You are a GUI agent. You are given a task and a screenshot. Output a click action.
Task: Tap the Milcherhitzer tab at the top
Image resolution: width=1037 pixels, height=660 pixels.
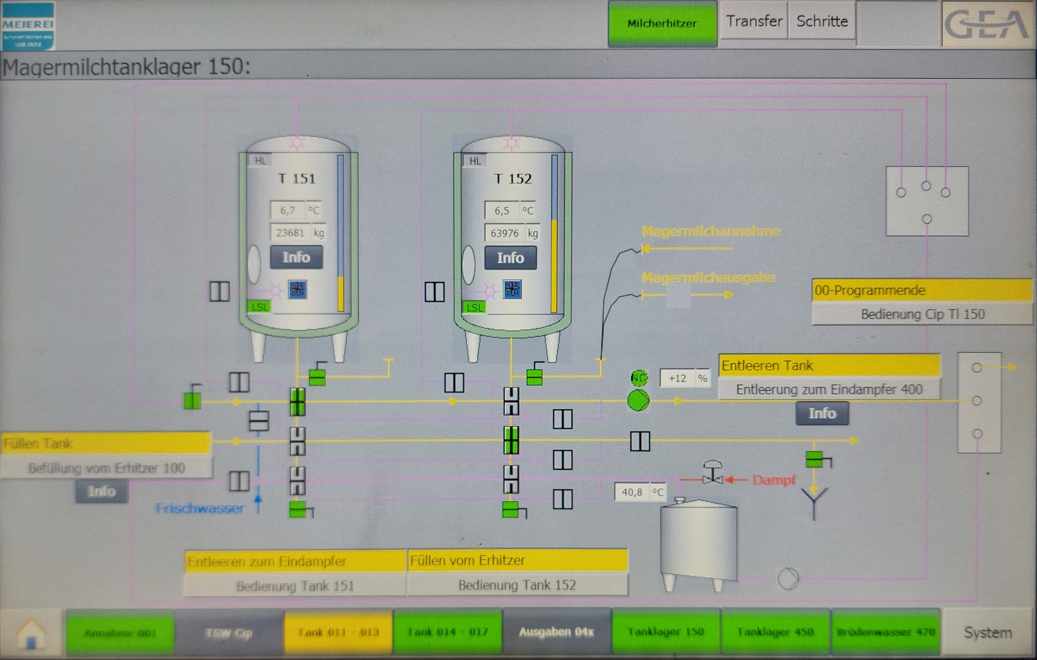tap(662, 23)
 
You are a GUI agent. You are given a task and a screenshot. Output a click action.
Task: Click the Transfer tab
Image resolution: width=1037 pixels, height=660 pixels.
tap(754, 21)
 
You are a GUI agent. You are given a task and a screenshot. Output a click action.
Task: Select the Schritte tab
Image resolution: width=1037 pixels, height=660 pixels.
tap(821, 21)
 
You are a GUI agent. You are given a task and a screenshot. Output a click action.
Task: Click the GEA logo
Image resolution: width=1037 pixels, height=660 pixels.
tap(987, 24)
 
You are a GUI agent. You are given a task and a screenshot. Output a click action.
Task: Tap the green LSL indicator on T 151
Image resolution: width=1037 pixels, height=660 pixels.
tap(259, 307)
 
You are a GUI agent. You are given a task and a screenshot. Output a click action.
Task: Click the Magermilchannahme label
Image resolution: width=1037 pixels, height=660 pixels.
tap(711, 232)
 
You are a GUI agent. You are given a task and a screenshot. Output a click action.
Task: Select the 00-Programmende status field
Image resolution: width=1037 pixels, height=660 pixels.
tap(921, 291)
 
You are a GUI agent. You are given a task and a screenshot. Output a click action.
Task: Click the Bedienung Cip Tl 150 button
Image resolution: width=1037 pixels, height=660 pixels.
tap(922, 314)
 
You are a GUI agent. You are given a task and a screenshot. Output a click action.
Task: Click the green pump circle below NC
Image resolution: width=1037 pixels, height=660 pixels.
tap(638, 401)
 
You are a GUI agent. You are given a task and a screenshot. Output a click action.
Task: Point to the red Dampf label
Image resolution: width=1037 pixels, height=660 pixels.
tap(773, 480)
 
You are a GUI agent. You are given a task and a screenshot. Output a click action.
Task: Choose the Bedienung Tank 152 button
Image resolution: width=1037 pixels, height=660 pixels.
tap(517, 585)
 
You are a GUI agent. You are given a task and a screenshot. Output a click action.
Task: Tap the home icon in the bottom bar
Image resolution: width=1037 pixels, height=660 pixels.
tap(31, 632)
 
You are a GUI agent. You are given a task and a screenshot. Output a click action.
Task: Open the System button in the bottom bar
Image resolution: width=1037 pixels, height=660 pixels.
tap(988, 632)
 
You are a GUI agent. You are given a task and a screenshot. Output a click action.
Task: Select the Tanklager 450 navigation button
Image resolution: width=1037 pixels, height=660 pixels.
tap(775, 631)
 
